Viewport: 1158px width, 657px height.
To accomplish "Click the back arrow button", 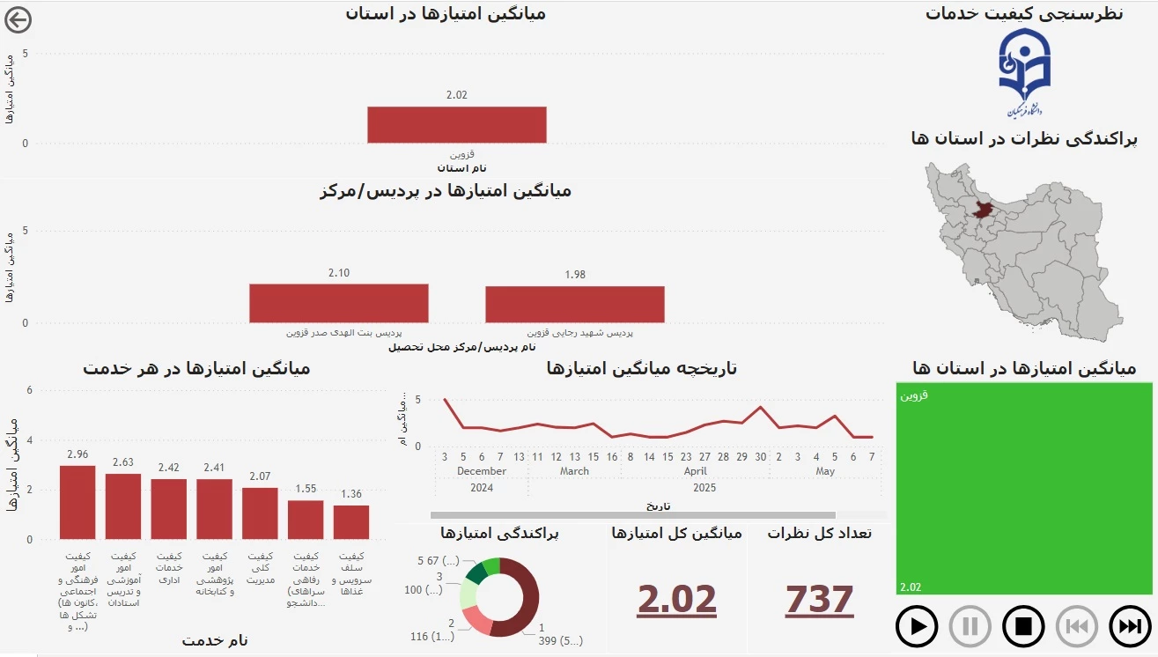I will pyautogui.click(x=18, y=19).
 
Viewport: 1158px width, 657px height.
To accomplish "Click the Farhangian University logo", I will pyautogui.click(x=1024, y=73).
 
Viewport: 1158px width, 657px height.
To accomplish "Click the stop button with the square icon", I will pyautogui.click(x=1023, y=627).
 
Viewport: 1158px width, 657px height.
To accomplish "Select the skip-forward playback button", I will pyautogui.click(x=1129, y=627).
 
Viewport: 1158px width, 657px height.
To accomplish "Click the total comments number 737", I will pyautogui.click(x=819, y=600).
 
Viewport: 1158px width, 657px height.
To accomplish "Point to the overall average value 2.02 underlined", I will pyautogui.click(x=676, y=600).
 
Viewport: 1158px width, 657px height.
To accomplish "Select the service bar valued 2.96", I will pyautogui.click(x=77, y=502).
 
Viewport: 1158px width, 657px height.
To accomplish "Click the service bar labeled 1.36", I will pyautogui.click(x=351, y=522).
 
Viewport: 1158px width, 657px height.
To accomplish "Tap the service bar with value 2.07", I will pyautogui.click(x=260, y=513).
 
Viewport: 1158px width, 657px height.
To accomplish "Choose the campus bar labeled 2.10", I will pyautogui.click(x=338, y=303).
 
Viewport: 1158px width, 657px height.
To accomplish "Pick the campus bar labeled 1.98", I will pyautogui.click(x=574, y=304).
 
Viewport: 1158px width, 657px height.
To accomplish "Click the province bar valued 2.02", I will pyautogui.click(x=456, y=124).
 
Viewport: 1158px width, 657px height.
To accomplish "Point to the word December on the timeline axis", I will pyautogui.click(x=482, y=471).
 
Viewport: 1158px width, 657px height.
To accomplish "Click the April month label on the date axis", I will pyautogui.click(x=695, y=471).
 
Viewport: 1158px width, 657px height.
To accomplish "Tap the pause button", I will pyautogui.click(x=970, y=627).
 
